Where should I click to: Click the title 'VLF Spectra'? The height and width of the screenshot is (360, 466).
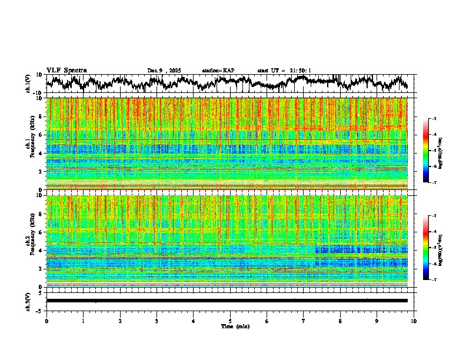coord(66,70)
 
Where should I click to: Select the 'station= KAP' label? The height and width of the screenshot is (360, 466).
coord(218,71)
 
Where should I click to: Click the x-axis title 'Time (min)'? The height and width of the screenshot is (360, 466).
coord(230,326)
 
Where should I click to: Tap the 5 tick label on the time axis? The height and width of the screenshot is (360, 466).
coord(230,320)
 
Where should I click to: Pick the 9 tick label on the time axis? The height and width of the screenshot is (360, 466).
coord(377,320)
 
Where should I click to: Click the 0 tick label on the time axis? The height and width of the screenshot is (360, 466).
coord(46,320)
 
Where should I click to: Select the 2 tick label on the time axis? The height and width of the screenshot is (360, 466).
coord(120,320)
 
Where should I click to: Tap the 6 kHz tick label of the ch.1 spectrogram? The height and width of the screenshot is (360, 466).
coord(41,135)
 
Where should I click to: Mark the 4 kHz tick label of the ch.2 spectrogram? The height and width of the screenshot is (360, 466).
coord(41,250)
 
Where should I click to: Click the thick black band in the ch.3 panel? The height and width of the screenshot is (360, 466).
coord(227,301)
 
